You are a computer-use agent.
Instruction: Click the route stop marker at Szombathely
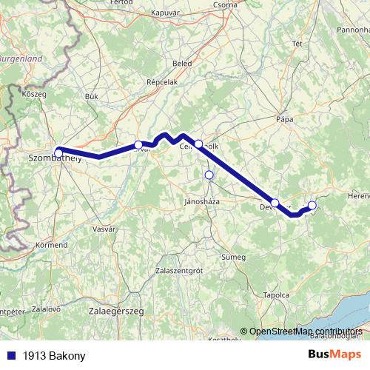tap(58, 152)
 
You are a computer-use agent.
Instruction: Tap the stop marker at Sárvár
tap(138, 144)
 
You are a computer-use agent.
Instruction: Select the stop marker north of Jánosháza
tap(209, 175)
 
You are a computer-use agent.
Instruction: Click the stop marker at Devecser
tap(275, 203)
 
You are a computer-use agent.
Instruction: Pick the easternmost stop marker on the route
tap(312, 205)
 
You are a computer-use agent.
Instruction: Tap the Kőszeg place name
tap(34, 95)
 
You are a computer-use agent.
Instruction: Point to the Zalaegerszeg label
tap(116, 312)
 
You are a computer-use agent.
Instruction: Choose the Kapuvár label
tap(165, 13)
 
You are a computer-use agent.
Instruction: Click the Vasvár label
tap(103, 230)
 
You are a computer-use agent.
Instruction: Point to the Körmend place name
tap(51, 243)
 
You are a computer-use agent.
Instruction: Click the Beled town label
tap(181, 63)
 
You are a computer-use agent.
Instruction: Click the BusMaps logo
tap(334, 355)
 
